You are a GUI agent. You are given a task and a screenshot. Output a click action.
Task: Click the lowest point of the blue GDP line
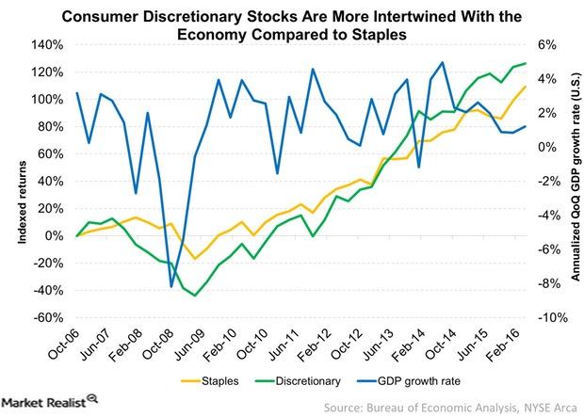[171, 286]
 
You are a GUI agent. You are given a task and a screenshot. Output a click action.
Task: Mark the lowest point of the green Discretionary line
[195, 296]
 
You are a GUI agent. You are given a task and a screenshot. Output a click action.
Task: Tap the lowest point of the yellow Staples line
[195, 258]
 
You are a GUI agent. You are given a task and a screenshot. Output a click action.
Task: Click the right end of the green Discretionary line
[526, 63]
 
